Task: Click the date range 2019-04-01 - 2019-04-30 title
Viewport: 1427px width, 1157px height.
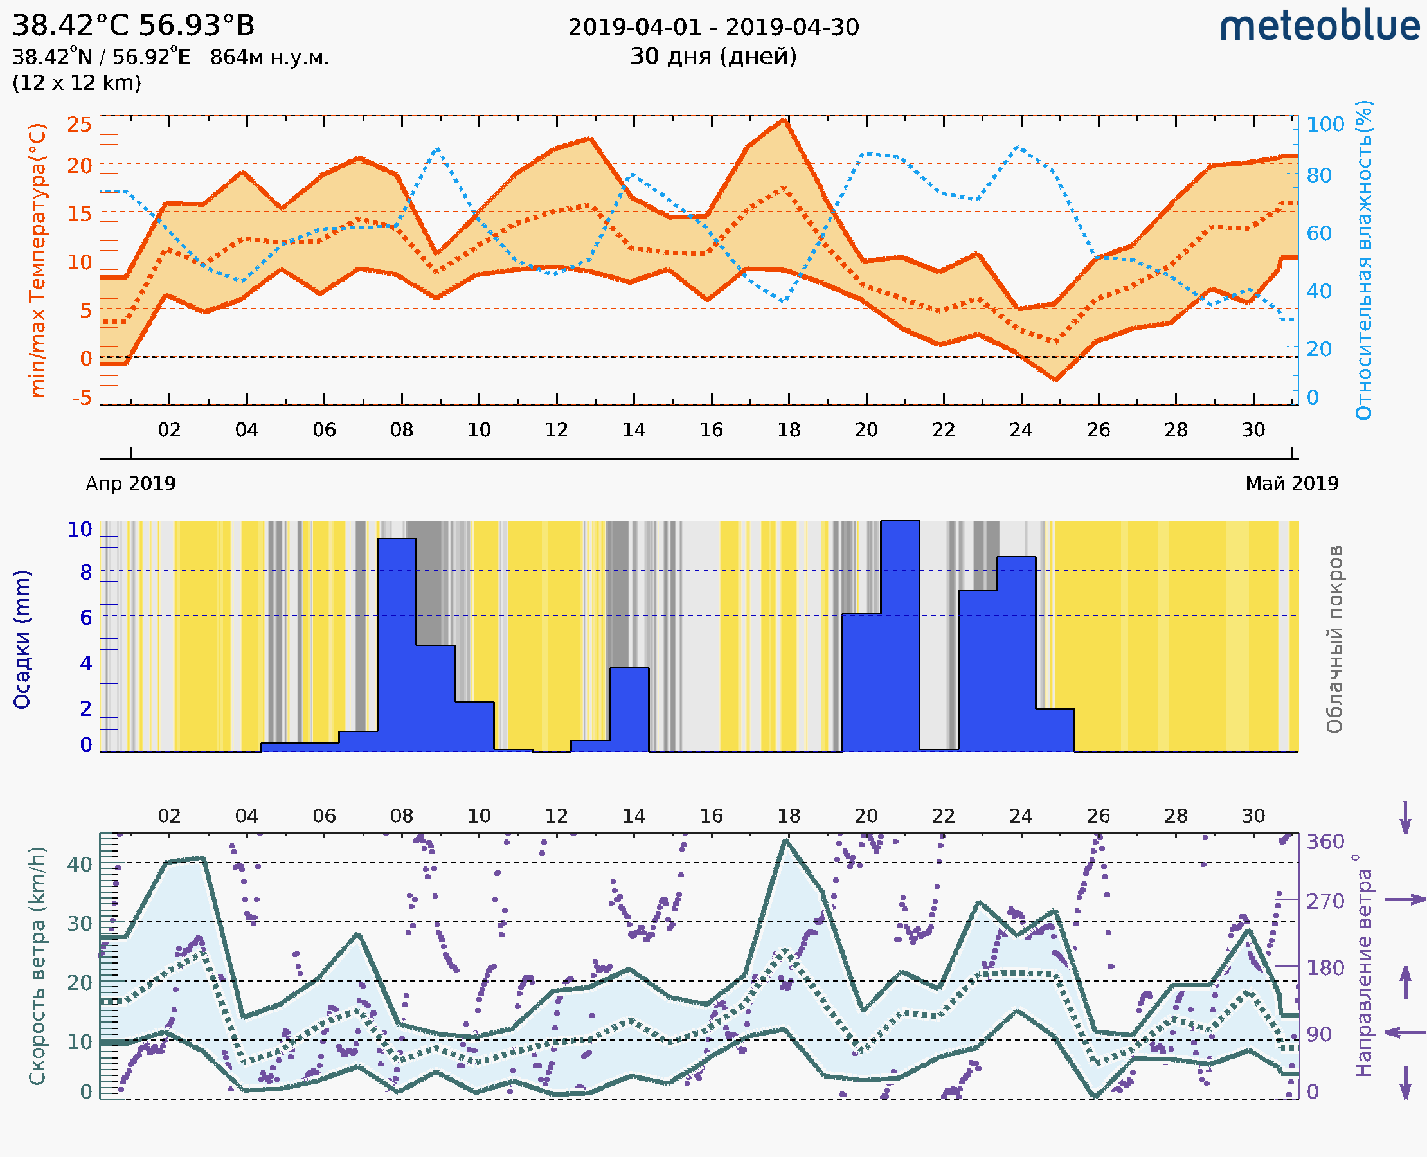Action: coord(713,28)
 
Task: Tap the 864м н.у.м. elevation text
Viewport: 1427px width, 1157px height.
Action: coord(269,58)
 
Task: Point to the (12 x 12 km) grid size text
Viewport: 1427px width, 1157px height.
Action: coord(76,84)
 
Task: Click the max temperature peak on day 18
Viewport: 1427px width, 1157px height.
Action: coord(785,121)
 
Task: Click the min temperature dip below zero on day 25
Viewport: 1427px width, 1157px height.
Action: coord(1055,379)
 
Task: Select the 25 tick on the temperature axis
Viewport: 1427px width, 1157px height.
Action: coord(79,125)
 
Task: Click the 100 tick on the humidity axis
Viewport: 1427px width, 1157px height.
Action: coord(1325,125)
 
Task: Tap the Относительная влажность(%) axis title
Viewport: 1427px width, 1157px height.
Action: coord(1363,260)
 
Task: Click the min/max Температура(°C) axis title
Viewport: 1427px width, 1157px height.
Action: coord(38,260)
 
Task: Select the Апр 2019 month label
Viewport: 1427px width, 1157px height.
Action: coord(130,483)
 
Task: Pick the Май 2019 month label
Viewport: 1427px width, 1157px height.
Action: coord(1292,483)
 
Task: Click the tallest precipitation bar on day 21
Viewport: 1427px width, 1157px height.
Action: coord(900,633)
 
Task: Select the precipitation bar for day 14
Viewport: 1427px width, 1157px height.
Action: coord(629,710)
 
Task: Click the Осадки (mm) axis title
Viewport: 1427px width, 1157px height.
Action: coord(22,640)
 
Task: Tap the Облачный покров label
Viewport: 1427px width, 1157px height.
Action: coord(1334,640)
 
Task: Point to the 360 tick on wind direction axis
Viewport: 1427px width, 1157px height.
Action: coord(1325,842)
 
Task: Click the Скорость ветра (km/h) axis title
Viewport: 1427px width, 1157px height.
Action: coord(38,965)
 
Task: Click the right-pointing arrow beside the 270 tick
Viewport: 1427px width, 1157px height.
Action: coord(1405,900)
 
